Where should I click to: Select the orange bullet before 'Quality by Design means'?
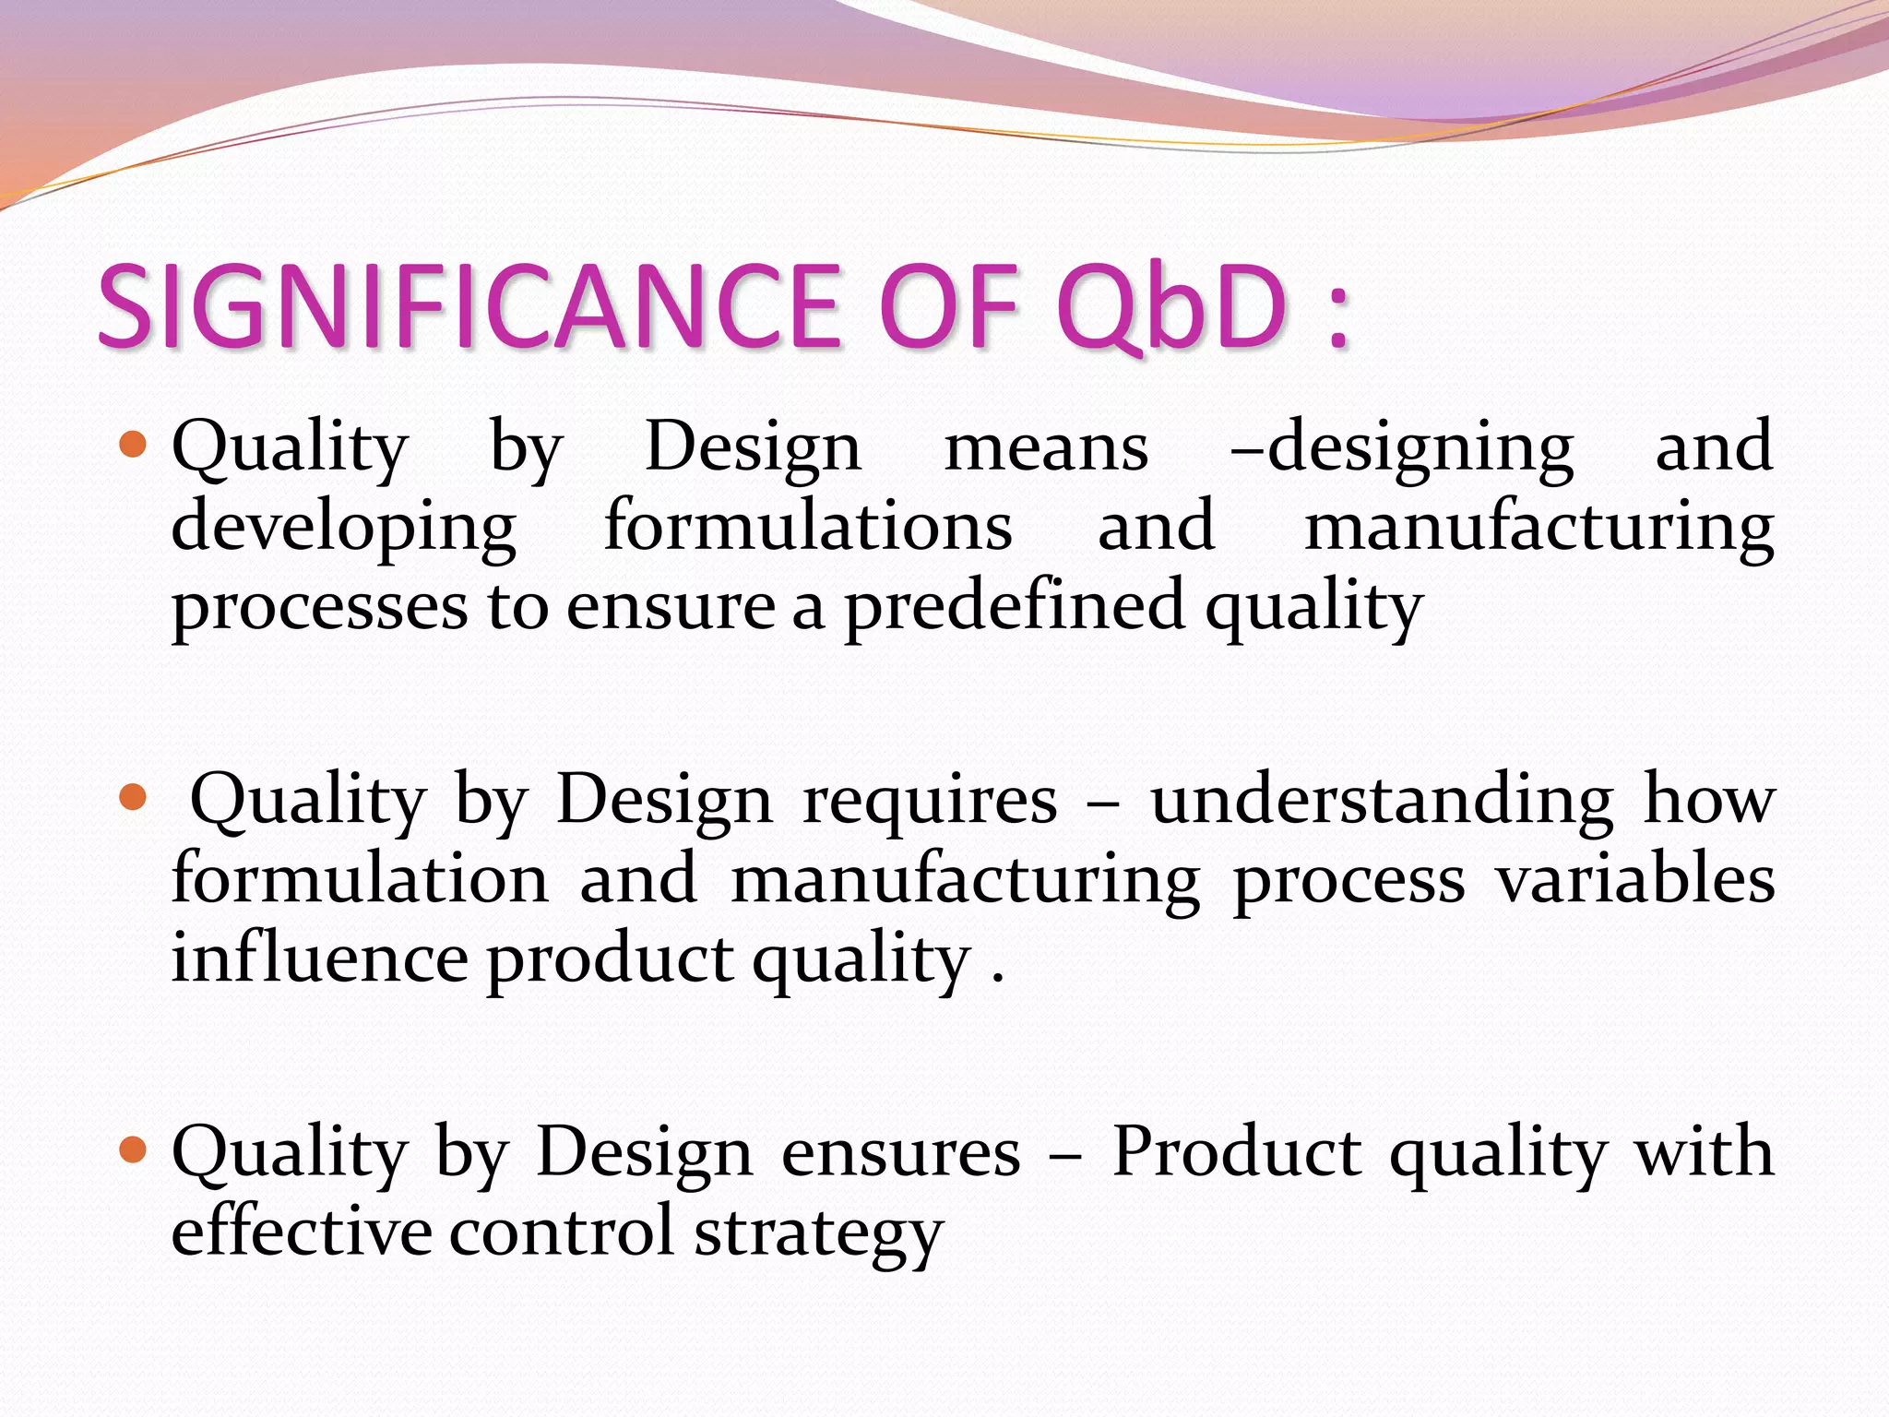click(134, 446)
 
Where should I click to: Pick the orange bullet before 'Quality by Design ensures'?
click(134, 1149)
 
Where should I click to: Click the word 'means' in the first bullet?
click(1046, 448)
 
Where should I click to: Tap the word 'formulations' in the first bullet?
click(808, 526)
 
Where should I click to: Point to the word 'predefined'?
click(1015, 606)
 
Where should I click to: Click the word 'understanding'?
click(1382, 799)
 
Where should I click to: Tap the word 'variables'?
click(1635, 878)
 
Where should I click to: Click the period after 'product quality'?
click(997, 979)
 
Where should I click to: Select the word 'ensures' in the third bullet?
click(901, 1153)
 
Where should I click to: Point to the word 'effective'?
click(301, 1231)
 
